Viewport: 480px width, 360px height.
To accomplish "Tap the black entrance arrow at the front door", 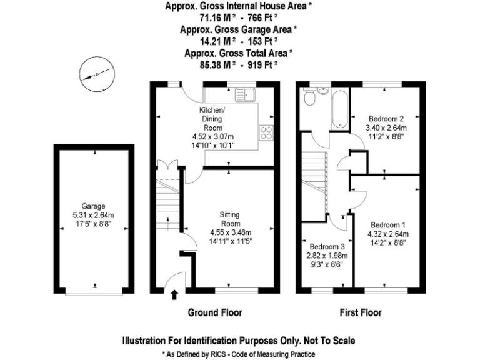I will (x=174, y=295).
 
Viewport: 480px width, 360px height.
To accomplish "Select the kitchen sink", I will (x=244, y=95).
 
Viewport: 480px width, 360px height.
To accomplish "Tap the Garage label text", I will (x=93, y=206).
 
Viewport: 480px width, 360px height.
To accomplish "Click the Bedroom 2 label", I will (x=386, y=119).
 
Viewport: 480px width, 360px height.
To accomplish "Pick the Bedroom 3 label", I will (x=327, y=246).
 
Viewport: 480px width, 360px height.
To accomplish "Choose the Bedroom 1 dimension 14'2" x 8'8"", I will (x=388, y=242).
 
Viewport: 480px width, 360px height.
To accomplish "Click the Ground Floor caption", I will (x=215, y=312).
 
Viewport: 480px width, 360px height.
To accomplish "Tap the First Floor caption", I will (x=361, y=312).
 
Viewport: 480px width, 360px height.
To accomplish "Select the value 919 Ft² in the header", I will (x=259, y=64).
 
